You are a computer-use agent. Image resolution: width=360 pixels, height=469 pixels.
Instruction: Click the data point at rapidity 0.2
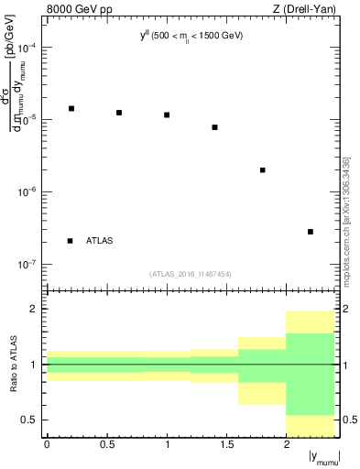point(71,108)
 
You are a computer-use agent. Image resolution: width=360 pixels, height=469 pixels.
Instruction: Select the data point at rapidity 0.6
point(119,113)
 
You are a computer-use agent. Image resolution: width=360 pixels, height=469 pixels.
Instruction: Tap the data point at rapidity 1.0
point(167,115)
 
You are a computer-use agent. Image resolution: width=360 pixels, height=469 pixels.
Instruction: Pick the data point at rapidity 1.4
point(214,127)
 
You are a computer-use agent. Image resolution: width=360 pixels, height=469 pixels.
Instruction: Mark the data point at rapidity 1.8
point(263,169)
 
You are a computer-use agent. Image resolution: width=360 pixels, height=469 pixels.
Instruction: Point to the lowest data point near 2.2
point(311,232)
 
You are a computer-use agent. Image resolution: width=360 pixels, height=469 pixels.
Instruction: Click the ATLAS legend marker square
point(71,241)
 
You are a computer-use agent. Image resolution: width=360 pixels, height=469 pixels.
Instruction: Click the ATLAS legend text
point(99,241)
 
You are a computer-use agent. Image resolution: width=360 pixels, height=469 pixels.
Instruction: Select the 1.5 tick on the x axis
point(226,444)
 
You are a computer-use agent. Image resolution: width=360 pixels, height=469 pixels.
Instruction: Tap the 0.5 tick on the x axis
point(106,444)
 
